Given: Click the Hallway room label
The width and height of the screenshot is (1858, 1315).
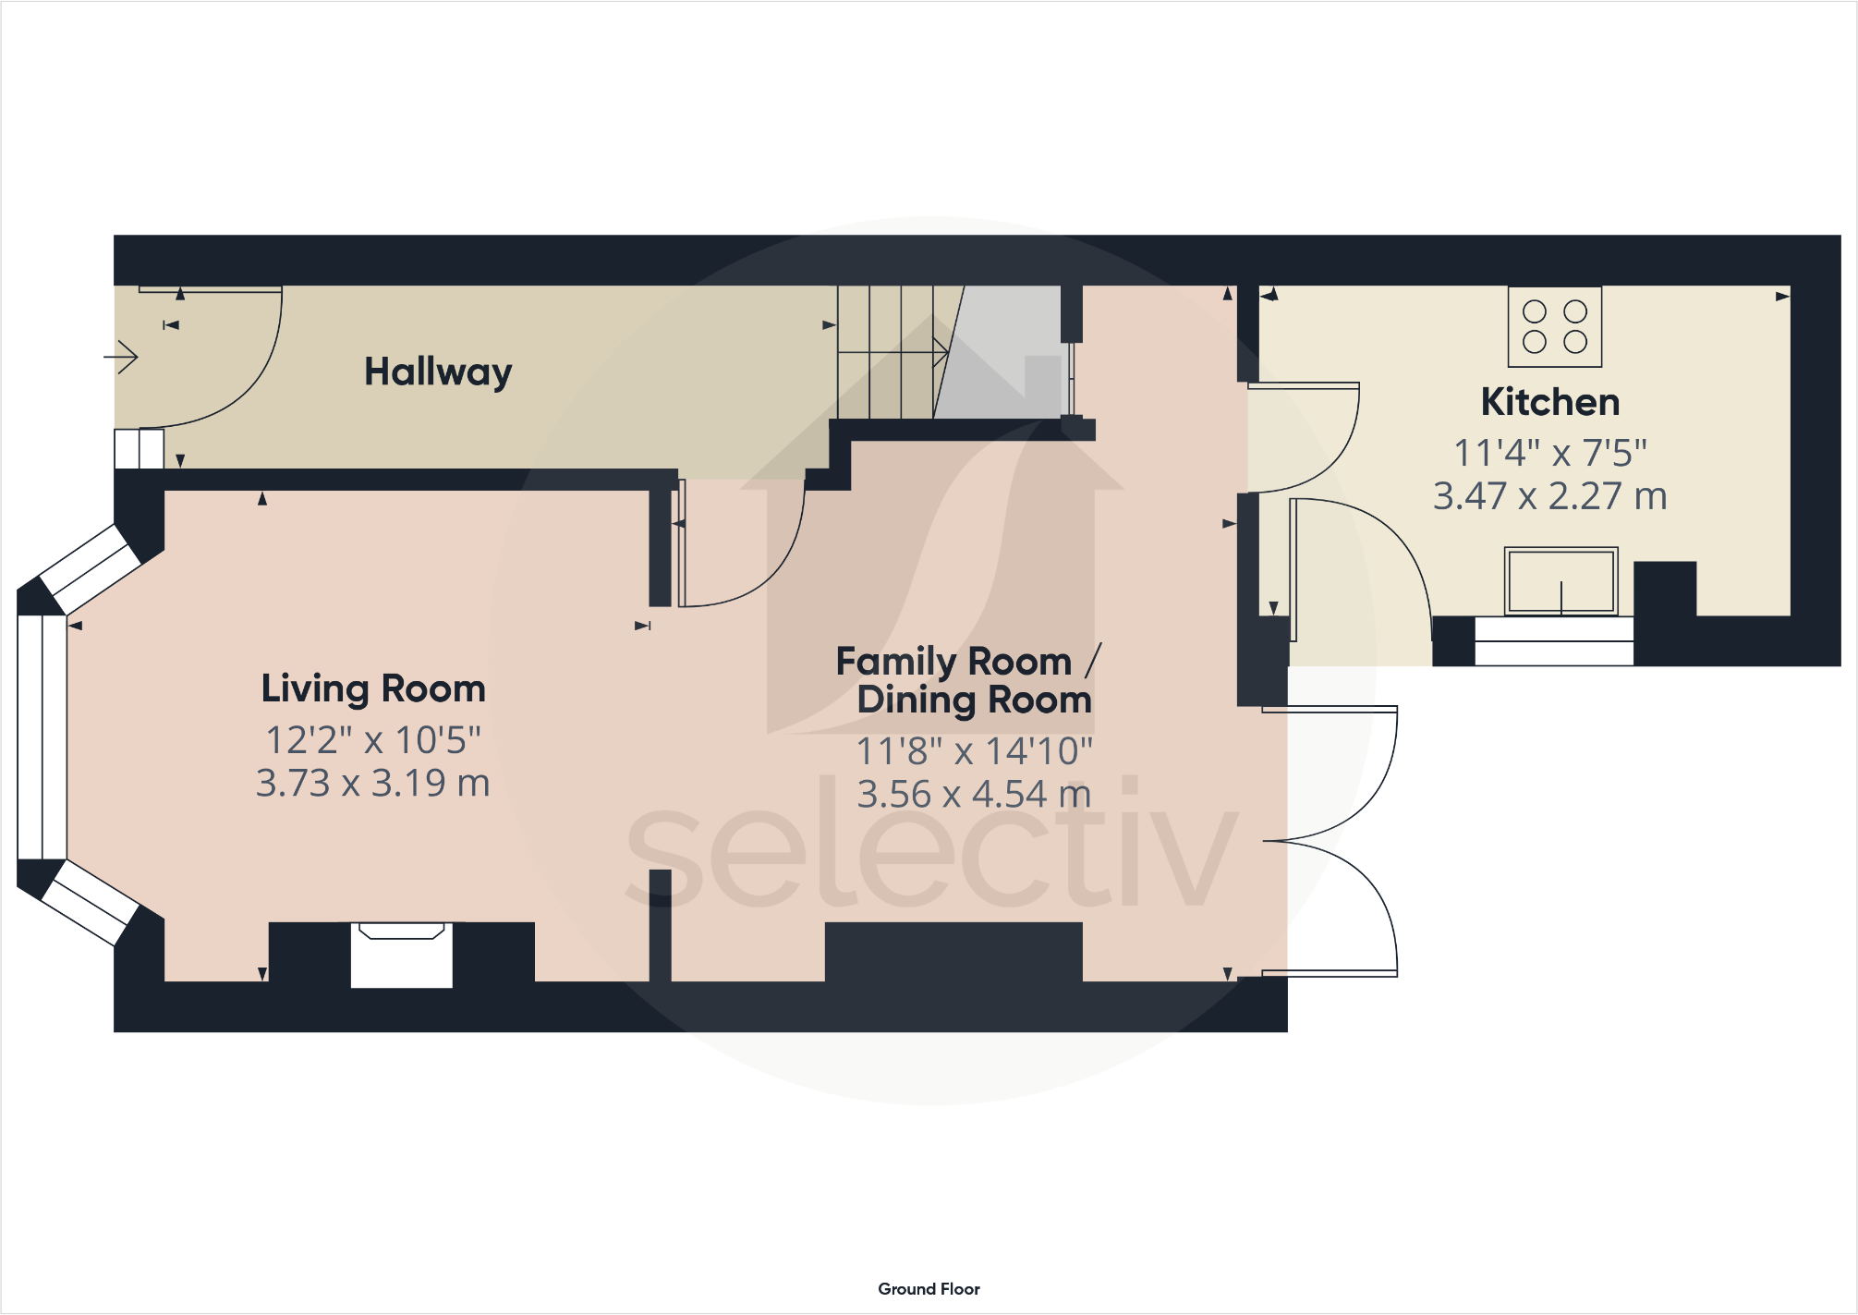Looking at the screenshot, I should pyautogui.click(x=438, y=372).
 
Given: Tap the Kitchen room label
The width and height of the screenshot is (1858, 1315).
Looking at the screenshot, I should pyautogui.click(x=1549, y=402).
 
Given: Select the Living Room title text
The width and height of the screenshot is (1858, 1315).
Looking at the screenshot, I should pyautogui.click(x=373, y=689).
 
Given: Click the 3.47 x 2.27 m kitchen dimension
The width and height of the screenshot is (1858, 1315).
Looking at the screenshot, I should pyautogui.click(x=1549, y=496).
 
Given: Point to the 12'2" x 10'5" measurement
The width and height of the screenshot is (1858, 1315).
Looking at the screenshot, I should pyautogui.click(x=373, y=740).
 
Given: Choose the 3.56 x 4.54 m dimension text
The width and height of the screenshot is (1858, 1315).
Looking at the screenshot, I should pyautogui.click(x=974, y=795).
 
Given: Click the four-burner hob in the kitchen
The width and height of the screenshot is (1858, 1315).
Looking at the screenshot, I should pyautogui.click(x=1554, y=326).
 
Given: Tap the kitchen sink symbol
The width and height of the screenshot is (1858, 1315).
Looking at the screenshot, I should pyautogui.click(x=1560, y=581).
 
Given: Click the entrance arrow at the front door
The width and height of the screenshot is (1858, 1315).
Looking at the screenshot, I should pyautogui.click(x=121, y=356).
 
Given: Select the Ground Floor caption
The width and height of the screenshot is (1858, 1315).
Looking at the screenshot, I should pyautogui.click(x=929, y=1288).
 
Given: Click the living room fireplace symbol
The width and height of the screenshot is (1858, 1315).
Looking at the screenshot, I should pyautogui.click(x=401, y=954).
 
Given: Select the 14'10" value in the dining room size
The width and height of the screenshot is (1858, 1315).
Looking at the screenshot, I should pyautogui.click(x=1039, y=751).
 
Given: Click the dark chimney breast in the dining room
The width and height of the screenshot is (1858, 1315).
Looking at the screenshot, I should pyautogui.click(x=953, y=952).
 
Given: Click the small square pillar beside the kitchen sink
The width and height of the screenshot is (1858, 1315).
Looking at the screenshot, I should pyautogui.click(x=1665, y=589).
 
